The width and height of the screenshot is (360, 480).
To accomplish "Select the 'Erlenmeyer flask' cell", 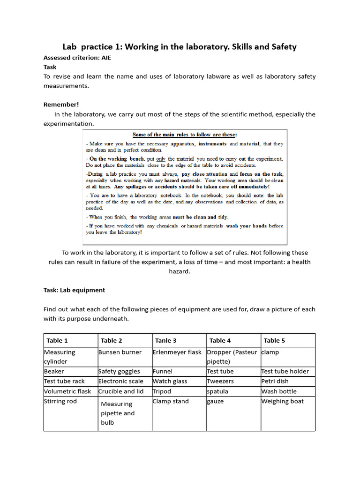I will pyautogui.click(x=177, y=352).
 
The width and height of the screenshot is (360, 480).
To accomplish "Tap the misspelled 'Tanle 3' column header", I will pyautogui.click(x=166, y=340).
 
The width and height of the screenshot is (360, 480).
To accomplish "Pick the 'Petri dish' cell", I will pyautogui.click(x=275, y=381).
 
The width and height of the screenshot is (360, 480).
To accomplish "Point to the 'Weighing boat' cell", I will pyautogui.click(x=282, y=401).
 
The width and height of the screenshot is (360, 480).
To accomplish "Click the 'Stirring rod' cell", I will pyautogui.click(x=60, y=401).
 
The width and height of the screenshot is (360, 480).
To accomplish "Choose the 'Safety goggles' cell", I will pyautogui.click(x=119, y=371).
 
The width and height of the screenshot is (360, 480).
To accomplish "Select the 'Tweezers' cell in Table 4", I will pyautogui.click(x=220, y=381).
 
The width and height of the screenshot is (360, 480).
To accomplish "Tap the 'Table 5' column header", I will pyautogui.click(x=274, y=340).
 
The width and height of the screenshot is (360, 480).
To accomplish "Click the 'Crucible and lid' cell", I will pyautogui.click(x=121, y=391).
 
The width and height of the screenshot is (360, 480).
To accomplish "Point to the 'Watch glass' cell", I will pyautogui.click(x=170, y=381).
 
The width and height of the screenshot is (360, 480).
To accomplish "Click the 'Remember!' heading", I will pyautogui.click(x=61, y=105).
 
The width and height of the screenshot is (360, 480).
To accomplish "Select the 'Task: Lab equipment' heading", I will pyautogui.click(x=74, y=290).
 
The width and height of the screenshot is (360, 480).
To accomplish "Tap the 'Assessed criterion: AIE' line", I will pyautogui.click(x=77, y=58).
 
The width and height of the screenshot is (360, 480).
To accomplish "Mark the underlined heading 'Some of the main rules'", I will pyautogui.click(x=185, y=135).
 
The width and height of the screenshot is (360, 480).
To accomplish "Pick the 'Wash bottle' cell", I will pyautogui.click(x=278, y=391).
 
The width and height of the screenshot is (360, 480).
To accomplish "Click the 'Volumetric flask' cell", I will pyautogui.click(x=67, y=391).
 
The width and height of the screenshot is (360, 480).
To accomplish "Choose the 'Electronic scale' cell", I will pyautogui.click(x=120, y=381).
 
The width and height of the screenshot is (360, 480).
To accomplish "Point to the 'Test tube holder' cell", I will pyautogui.click(x=285, y=371).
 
